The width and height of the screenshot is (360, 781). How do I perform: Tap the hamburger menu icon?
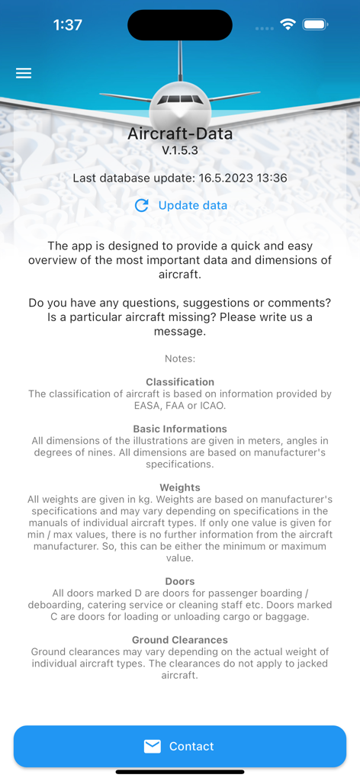24,73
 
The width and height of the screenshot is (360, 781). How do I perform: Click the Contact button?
180,746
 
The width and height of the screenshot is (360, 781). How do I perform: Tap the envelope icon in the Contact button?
153,746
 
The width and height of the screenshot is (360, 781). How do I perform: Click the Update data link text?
192,205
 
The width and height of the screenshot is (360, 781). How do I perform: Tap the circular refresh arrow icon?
141,205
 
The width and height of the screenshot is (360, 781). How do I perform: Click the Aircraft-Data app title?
180,134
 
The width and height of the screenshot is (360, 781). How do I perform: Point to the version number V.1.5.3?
180,150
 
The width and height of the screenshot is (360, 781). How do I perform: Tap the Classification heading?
180,381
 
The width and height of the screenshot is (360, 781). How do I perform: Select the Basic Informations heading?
180,429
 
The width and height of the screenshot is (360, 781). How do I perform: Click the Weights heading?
180,487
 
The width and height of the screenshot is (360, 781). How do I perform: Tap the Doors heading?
180,581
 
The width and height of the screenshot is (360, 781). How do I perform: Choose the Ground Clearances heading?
180,640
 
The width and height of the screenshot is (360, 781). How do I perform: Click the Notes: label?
180,358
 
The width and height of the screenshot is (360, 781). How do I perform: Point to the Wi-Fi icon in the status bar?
288,24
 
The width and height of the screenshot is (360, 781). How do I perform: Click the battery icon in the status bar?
315,24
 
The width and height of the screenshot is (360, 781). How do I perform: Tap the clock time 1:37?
67,24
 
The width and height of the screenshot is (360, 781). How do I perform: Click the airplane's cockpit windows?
180,100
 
